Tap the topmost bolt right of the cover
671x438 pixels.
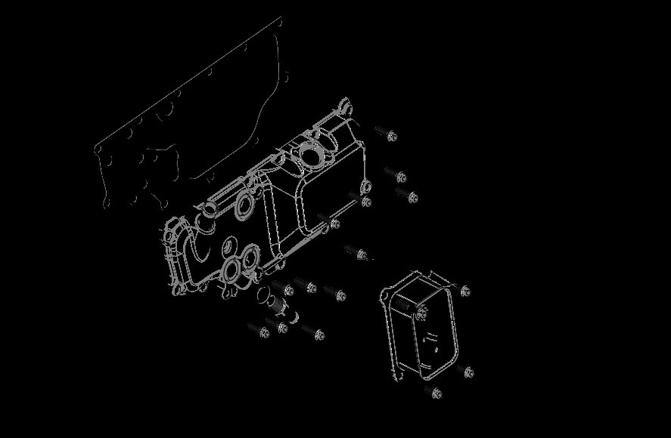pyautogui.click(x=387, y=135)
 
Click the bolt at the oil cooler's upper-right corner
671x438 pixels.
pyautogui.click(x=464, y=291)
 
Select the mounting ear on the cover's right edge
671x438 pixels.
pyautogui.click(x=365, y=186)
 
